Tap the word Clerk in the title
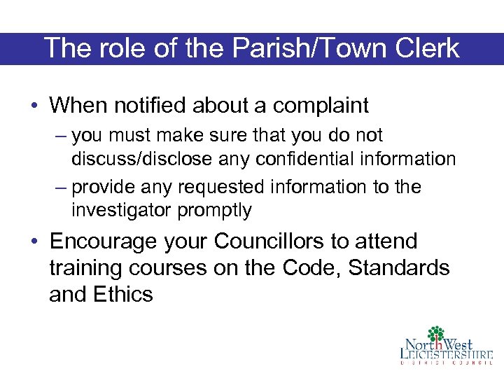point(426,49)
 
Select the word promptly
point(215,211)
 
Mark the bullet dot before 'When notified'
point(34,106)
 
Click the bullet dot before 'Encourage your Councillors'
point(34,242)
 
